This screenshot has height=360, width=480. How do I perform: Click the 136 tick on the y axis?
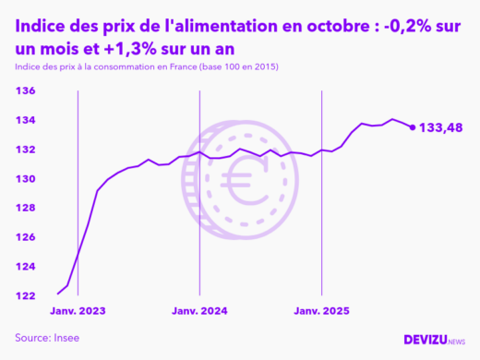(25, 90)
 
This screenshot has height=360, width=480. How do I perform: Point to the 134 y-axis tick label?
(25, 120)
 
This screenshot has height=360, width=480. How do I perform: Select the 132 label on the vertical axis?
(25, 150)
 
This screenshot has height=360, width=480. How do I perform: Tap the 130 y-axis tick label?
(25, 178)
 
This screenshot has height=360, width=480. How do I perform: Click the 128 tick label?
(25, 208)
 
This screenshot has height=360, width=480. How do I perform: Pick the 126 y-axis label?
(25, 237)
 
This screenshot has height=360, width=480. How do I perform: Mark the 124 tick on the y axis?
(25, 267)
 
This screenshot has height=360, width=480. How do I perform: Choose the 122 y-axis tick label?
(25, 295)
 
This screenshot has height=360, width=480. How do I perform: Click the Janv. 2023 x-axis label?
(78, 311)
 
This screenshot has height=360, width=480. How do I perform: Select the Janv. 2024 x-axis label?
(199, 311)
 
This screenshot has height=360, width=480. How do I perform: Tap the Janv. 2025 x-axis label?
(320, 311)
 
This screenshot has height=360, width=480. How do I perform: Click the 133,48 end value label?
(441, 127)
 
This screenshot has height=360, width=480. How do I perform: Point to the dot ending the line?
(412, 127)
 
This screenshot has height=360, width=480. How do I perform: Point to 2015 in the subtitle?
(265, 68)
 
